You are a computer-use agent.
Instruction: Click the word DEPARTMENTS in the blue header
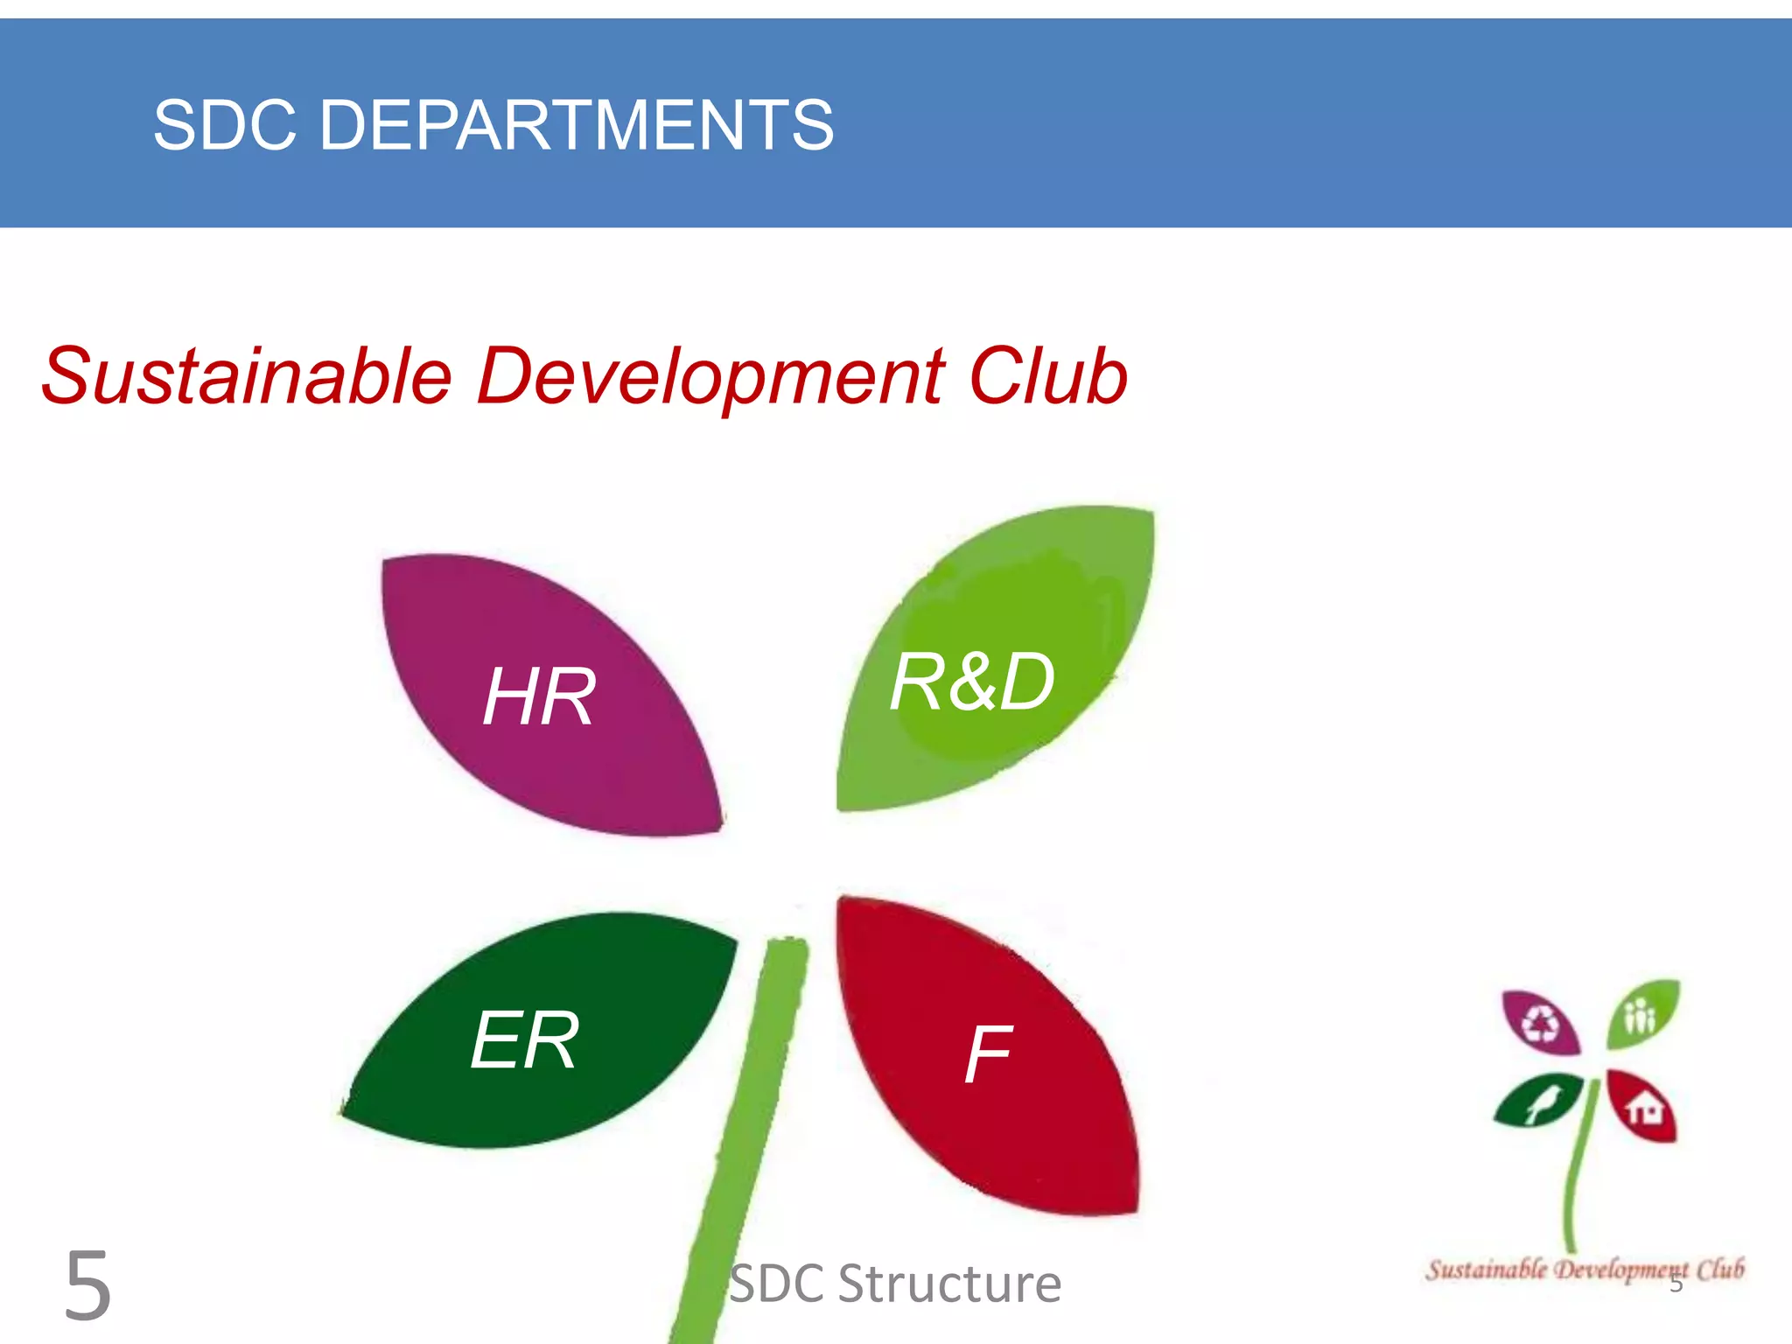click(x=576, y=125)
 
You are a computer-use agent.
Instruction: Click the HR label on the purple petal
click(x=539, y=696)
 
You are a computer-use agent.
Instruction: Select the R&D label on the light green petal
click(x=971, y=682)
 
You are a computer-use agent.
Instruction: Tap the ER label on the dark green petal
click(x=523, y=1039)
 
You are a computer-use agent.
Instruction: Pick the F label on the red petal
click(x=987, y=1055)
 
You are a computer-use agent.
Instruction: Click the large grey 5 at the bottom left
click(x=87, y=1286)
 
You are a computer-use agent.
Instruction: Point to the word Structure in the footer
click(x=949, y=1284)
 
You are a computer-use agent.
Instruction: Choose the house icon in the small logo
click(x=1645, y=1108)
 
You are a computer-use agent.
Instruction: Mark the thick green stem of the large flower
click(x=744, y=1137)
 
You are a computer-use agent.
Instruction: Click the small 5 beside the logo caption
click(x=1676, y=1284)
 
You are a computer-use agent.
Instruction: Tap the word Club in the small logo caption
click(x=1720, y=1269)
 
